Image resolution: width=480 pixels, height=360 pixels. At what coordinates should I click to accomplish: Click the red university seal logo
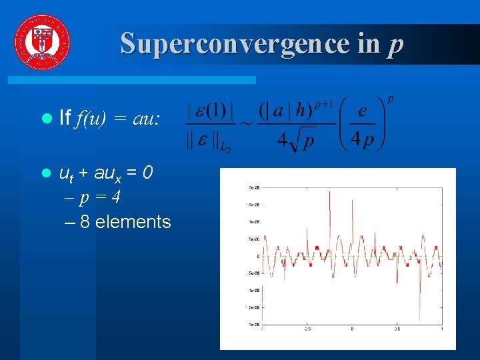click(x=41, y=41)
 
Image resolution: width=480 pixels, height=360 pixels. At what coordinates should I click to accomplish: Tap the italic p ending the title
click(x=395, y=45)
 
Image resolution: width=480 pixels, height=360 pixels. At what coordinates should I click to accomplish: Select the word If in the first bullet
click(x=65, y=119)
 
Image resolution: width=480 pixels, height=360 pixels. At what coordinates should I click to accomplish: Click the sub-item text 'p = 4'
click(x=100, y=198)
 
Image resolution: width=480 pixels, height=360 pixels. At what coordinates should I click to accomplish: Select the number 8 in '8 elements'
click(x=85, y=221)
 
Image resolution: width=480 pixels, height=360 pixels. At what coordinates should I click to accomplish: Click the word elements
click(x=133, y=221)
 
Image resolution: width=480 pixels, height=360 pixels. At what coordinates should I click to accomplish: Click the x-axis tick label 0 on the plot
click(x=353, y=329)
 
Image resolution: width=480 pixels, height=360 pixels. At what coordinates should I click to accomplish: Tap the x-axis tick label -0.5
click(x=307, y=329)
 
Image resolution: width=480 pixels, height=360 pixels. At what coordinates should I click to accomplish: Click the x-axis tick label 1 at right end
click(x=442, y=329)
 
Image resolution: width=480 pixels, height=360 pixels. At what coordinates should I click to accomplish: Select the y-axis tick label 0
click(x=258, y=256)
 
